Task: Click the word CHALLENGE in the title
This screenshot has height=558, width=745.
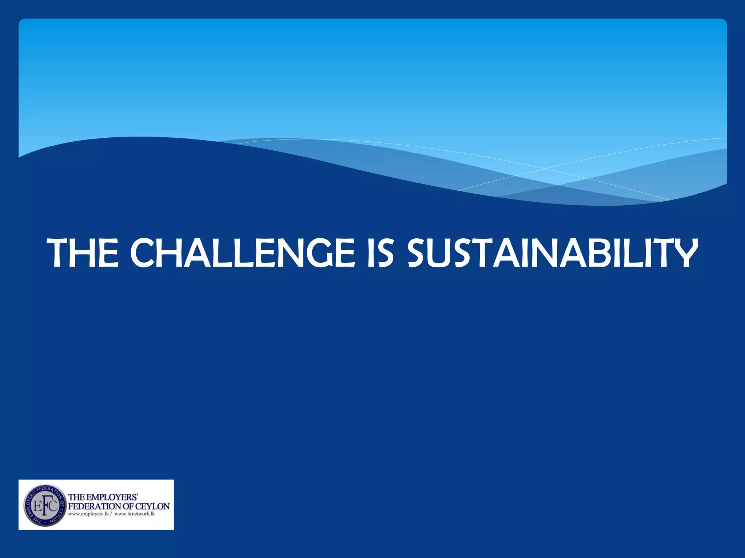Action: pos(242,253)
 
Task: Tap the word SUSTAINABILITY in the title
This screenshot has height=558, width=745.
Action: pos(552,253)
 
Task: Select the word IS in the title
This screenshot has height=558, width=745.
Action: pos(380,253)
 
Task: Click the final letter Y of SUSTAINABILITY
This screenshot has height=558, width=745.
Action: pos(684,253)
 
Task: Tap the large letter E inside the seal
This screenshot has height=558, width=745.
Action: pos(37,506)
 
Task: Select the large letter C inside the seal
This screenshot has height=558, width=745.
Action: pos(53,506)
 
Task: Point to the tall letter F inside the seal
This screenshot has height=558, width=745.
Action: pos(45,505)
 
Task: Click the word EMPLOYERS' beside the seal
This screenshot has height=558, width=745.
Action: pos(112,497)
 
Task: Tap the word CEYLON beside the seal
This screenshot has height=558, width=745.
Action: pos(152,506)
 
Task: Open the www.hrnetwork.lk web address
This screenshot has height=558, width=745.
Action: pos(135,514)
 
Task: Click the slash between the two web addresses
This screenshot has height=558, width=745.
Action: pos(111,514)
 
